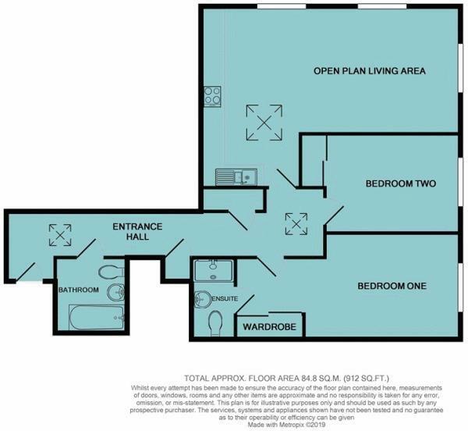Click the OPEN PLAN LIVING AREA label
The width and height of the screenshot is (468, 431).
369,71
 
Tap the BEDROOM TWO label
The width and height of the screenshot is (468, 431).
400,184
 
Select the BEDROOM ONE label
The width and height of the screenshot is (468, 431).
392,287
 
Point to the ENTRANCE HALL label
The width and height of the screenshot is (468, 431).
137,232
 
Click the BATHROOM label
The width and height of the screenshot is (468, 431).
78,290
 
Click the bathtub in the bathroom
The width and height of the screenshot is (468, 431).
96,315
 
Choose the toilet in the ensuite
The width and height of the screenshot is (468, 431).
217,322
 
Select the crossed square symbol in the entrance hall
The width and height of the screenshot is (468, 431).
59,233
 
